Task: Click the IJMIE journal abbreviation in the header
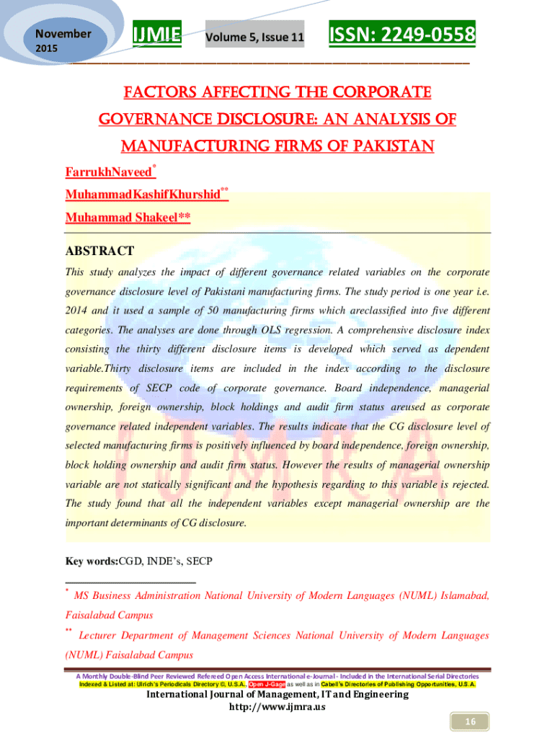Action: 156,33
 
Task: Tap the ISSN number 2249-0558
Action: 402,33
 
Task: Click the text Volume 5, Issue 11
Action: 254,36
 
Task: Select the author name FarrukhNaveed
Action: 109,173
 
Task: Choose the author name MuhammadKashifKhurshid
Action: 142,195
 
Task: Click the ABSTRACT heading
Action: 99,252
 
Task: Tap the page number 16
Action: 469,722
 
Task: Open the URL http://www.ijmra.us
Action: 277,707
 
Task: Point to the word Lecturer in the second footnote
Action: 100,636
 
